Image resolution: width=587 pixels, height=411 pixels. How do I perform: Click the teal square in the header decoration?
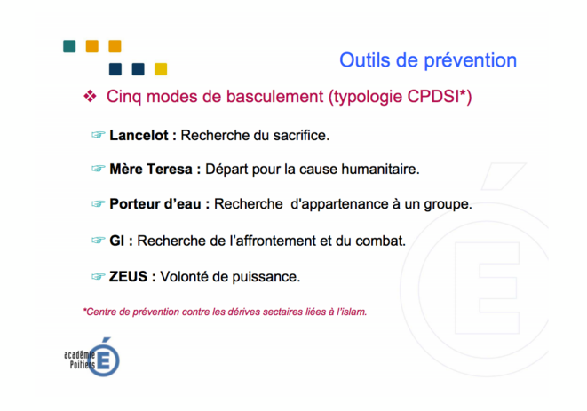(69, 46)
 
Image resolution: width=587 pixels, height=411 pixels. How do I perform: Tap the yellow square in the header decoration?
(161, 69)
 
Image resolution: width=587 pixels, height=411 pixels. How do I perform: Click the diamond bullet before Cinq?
(90, 96)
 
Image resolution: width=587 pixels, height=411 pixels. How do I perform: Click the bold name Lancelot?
(139, 135)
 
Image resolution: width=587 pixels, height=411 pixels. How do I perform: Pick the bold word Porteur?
(133, 204)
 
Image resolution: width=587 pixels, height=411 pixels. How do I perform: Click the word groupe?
(448, 205)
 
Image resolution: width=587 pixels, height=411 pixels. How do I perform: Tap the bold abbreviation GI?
(116, 241)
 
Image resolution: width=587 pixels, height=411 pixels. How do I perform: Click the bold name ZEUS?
(128, 277)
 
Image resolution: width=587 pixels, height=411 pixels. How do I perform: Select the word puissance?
(266, 277)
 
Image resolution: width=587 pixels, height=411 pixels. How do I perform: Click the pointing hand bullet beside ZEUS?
(98, 276)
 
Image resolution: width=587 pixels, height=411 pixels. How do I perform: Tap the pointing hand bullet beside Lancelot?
(98, 134)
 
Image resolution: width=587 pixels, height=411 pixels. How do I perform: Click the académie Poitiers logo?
(92, 358)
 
